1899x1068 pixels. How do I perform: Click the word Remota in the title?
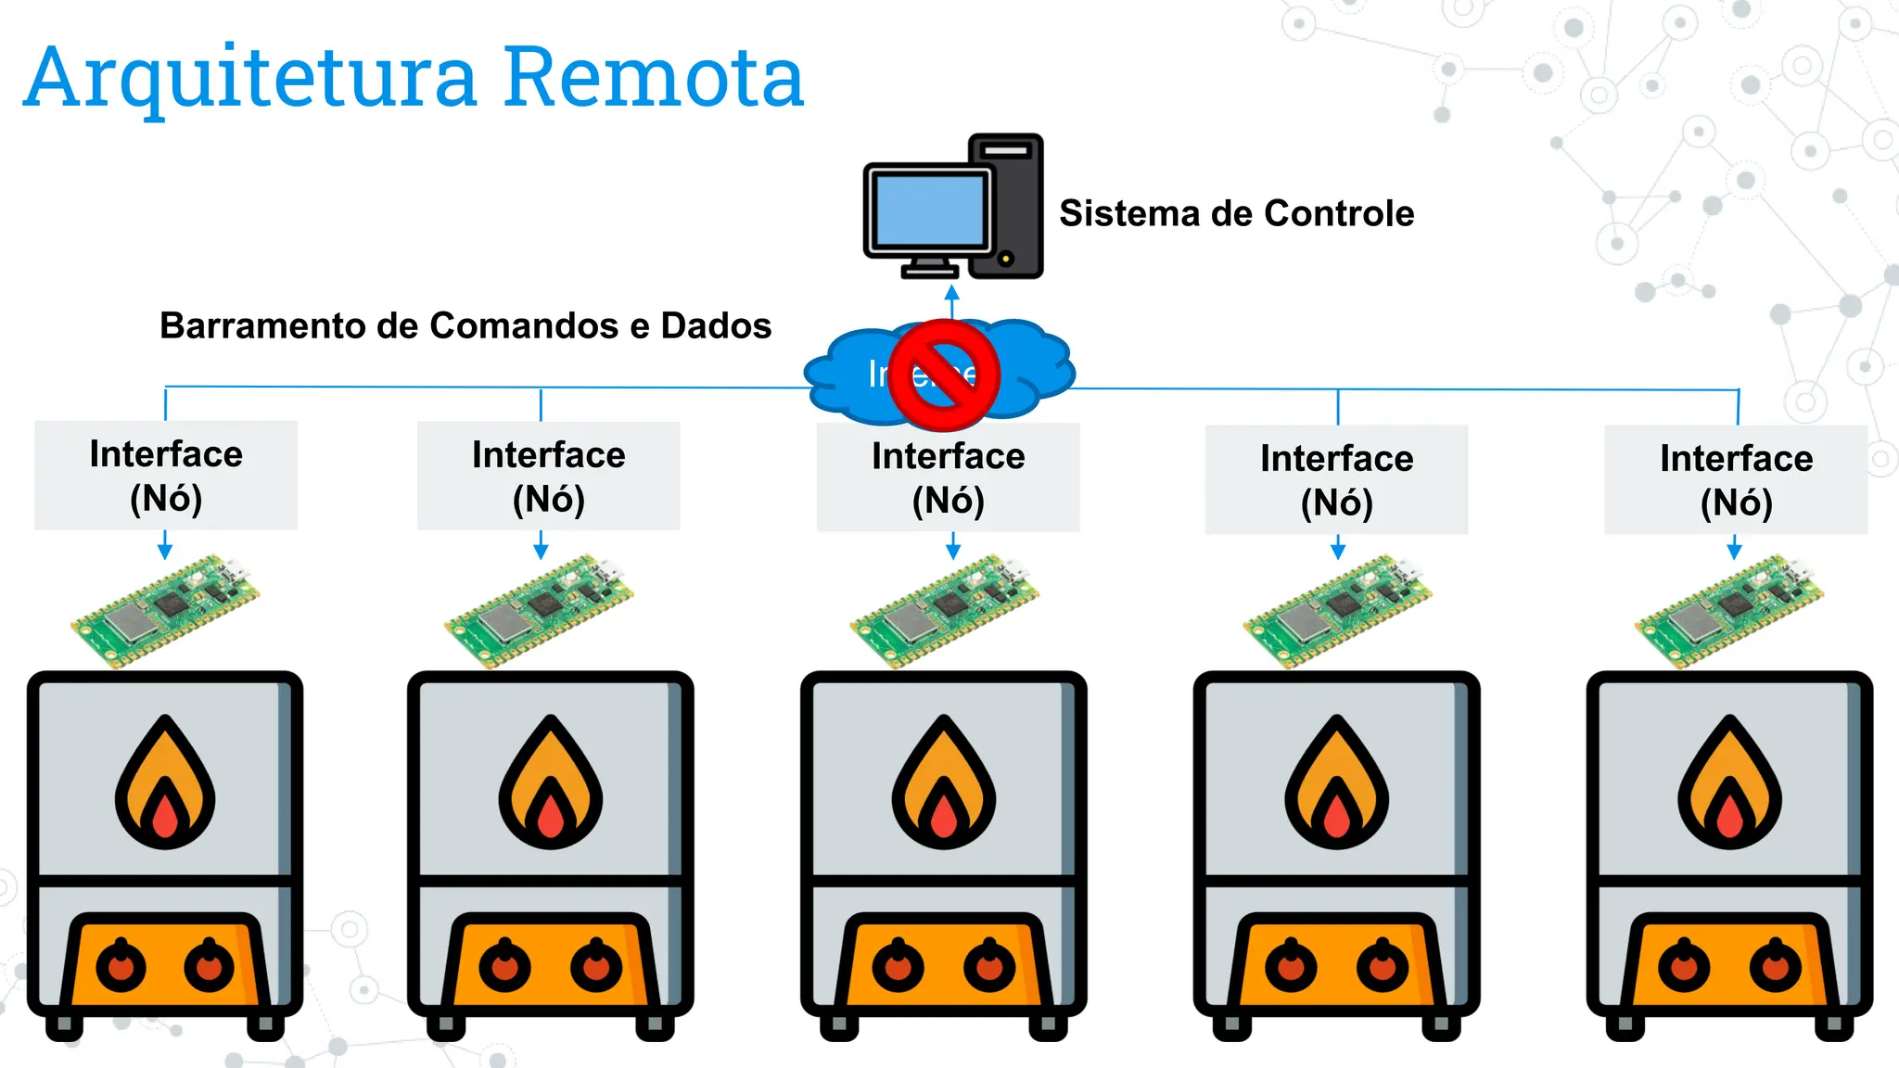coord(654,78)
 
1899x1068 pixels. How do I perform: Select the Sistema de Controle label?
coord(1236,213)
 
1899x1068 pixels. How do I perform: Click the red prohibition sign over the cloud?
coord(944,375)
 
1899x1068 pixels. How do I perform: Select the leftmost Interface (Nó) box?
coord(166,476)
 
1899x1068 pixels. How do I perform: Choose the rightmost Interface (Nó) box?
coord(1736,479)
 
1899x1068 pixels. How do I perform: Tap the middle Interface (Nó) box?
coord(948,477)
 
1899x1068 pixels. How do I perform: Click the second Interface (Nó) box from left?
coord(548,477)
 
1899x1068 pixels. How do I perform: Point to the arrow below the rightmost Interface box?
coord(1734,549)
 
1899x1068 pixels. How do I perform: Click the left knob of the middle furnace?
coord(898,967)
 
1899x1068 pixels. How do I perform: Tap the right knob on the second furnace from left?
coord(596,967)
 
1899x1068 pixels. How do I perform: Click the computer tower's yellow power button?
coord(1005,259)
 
